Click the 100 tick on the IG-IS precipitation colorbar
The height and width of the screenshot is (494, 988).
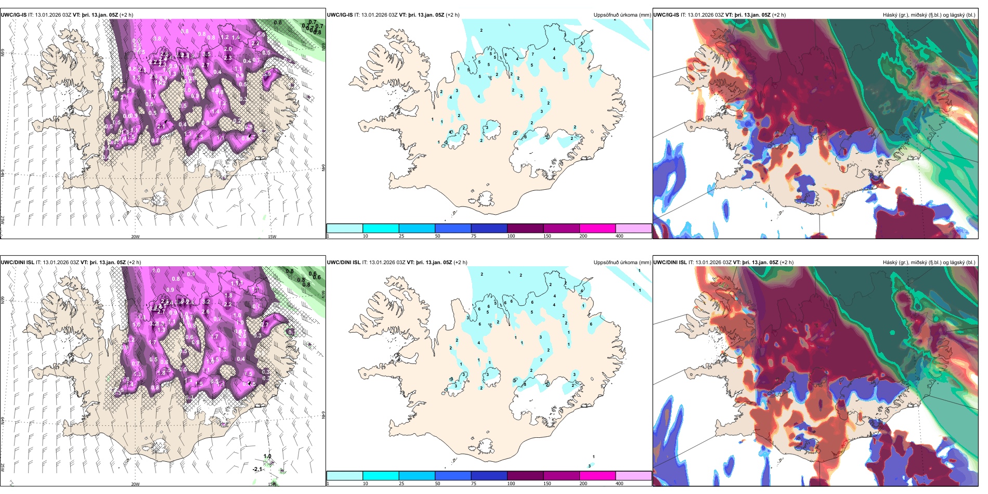point(511,236)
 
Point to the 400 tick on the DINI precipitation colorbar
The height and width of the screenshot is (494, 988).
point(619,484)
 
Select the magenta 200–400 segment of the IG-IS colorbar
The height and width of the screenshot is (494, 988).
point(597,228)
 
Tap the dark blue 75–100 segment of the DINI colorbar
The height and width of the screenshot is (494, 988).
point(489,476)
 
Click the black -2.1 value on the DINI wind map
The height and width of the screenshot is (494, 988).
point(257,469)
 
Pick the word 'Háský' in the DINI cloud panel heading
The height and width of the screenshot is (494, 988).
point(891,263)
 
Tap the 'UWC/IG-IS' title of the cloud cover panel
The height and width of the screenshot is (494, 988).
point(666,15)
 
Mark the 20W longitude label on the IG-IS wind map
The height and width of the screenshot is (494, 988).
point(135,237)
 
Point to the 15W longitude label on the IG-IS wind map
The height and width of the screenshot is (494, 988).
point(271,237)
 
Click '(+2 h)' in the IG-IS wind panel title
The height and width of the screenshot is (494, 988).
point(126,15)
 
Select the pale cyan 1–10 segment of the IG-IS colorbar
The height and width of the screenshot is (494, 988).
point(344,228)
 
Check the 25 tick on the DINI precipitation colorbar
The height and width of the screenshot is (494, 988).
point(401,484)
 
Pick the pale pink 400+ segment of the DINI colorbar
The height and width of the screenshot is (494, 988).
point(633,476)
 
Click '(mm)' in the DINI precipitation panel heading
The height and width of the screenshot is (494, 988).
point(645,263)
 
